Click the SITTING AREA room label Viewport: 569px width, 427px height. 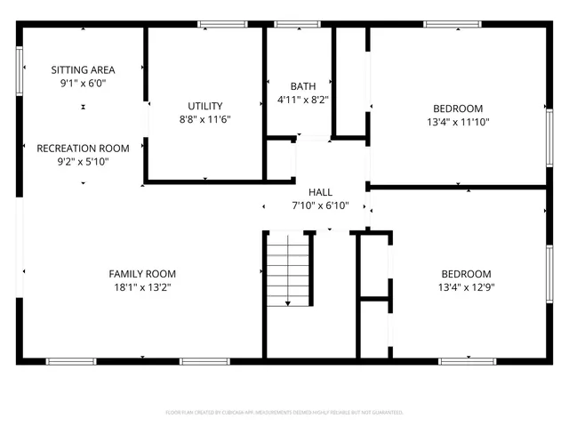[83, 69]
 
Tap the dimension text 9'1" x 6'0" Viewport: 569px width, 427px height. [83, 84]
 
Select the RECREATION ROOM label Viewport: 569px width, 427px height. [83, 148]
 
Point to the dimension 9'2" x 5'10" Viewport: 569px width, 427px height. [83, 162]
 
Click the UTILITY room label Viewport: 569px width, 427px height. [205, 106]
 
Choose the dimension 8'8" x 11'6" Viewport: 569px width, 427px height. [205, 120]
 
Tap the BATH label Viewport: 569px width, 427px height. [302, 86]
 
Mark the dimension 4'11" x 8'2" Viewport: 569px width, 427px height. [302, 101]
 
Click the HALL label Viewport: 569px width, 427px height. [320, 191]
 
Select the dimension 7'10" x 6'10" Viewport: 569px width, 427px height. [320, 205]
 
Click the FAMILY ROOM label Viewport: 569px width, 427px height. [142, 273]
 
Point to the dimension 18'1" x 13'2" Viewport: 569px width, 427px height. [142, 287]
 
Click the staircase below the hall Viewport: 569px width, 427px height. [289, 267]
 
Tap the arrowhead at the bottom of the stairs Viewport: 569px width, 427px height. [289, 303]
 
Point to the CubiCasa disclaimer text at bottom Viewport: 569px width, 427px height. [284, 413]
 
